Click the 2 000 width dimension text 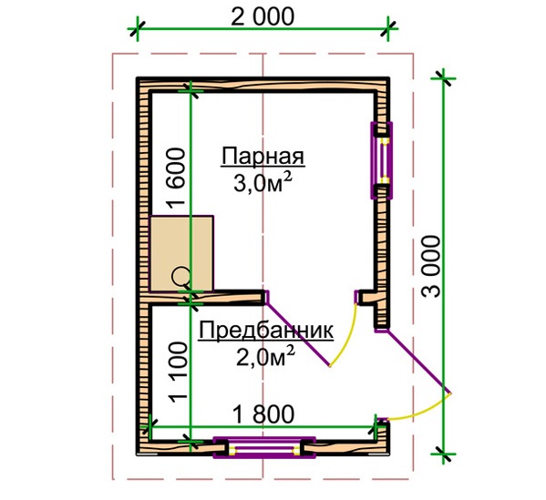[263, 16]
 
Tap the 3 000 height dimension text [431, 266]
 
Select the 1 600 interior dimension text [176, 179]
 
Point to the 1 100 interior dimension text [178, 372]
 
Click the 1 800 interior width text [263, 414]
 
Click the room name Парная [263, 158]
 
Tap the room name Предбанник [266, 331]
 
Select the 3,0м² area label [263, 183]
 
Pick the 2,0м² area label [265, 356]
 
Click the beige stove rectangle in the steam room [181, 253]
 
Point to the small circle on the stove [181, 276]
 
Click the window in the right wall [382, 160]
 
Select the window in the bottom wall [264, 448]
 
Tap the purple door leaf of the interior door [298, 333]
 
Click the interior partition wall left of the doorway [206, 298]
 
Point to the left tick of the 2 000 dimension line [138, 29]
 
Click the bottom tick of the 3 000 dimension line [443, 454]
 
